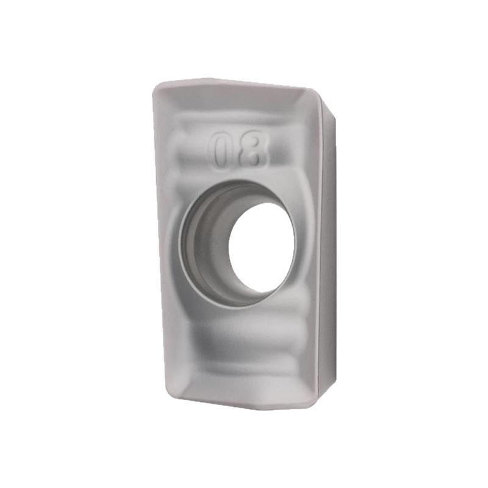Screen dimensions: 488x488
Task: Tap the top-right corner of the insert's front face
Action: click(x=317, y=91)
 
